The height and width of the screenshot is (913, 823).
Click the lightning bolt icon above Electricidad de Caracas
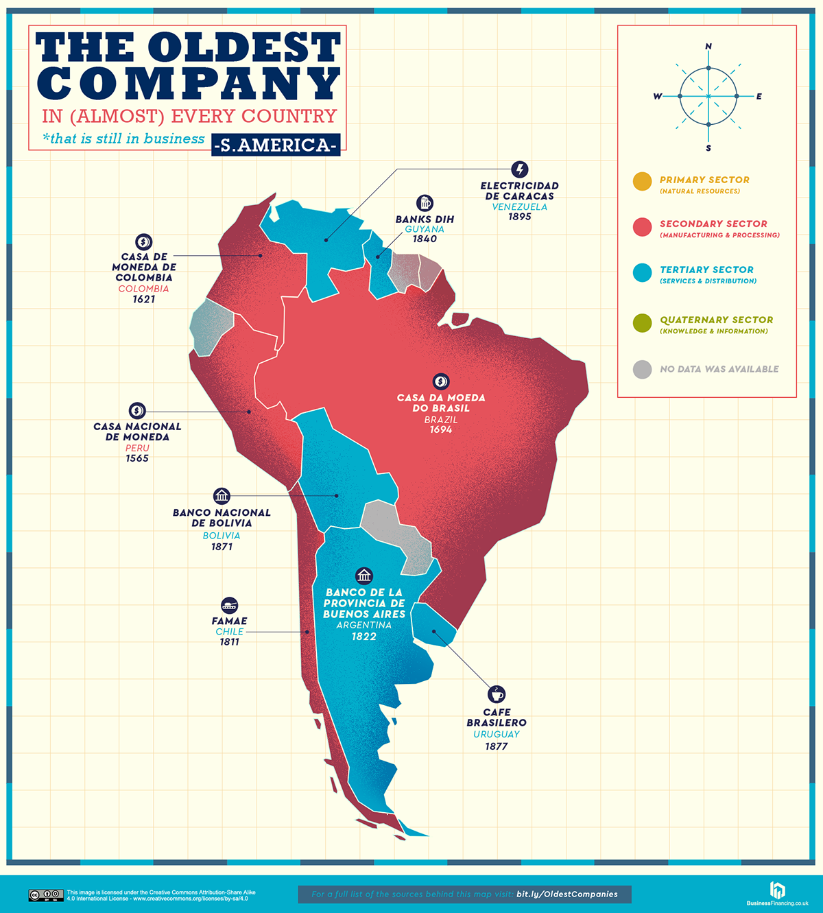pos(520,169)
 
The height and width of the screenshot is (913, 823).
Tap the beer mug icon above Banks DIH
pos(425,203)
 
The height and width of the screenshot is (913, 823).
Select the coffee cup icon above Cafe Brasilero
pos(497,694)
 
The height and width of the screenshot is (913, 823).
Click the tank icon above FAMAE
pos(230,605)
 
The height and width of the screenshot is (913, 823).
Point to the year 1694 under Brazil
pos(441,430)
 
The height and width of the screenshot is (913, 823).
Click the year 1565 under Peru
pos(137,458)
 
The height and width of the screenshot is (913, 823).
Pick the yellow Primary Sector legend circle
pos(642,182)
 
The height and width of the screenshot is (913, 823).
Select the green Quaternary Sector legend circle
pos(642,323)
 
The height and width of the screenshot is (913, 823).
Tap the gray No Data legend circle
pos(642,369)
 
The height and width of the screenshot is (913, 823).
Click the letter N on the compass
pos(708,47)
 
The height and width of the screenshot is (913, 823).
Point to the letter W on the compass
pos(657,97)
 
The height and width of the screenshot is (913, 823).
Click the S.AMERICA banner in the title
pos(276,145)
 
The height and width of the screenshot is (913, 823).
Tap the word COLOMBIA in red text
pos(143,289)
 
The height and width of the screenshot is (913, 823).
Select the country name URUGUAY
pos(497,734)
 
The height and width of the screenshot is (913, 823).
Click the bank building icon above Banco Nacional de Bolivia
pos(222,496)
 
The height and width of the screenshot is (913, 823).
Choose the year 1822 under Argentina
pos(364,637)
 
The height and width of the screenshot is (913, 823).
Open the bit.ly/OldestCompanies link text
pos(566,894)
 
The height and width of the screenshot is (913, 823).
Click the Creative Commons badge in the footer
pos(46,895)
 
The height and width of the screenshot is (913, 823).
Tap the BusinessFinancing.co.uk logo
pos(777,893)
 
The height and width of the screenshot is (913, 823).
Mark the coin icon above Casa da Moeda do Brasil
pos(441,381)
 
